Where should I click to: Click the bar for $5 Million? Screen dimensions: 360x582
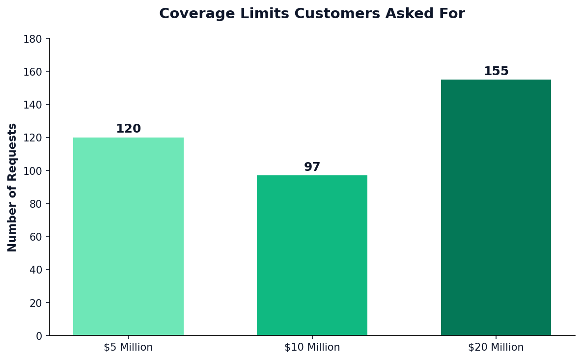coord(128,236)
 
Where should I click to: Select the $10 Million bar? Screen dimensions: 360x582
coord(312,255)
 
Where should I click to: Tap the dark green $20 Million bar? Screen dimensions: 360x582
coord(496,207)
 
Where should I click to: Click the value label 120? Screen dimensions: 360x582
coord(128,129)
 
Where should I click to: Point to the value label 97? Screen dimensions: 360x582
coord(312,167)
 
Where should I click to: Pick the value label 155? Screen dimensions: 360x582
coord(496,72)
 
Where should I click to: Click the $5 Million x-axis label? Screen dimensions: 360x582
coord(128,348)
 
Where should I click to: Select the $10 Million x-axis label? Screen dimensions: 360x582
coord(312,348)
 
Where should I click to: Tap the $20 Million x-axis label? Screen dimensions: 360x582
coord(496,348)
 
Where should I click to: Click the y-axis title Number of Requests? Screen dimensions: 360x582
coord(13,187)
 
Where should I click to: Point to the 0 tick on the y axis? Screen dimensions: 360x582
coord(39,336)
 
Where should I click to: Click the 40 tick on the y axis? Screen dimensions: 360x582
coord(36,270)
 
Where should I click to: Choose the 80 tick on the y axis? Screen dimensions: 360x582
coord(36,204)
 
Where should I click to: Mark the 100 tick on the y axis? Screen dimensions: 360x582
coord(33,171)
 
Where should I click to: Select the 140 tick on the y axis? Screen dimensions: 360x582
coord(33,105)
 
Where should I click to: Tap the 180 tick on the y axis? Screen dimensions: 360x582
coord(33,39)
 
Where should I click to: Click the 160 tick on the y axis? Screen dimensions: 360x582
coord(33,72)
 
